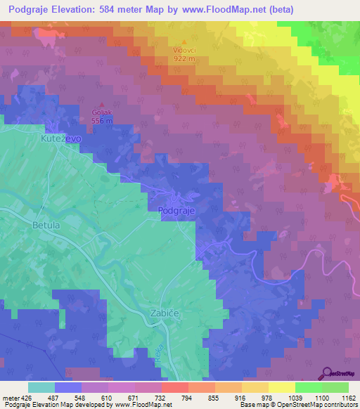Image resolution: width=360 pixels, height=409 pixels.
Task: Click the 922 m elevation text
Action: tap(186, 58)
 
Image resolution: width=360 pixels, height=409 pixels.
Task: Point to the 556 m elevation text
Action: tap(101, 120)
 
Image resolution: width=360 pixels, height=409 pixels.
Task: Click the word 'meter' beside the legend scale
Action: tap(10, 398)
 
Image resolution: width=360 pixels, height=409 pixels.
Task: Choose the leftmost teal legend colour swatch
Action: tap(41, 387)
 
